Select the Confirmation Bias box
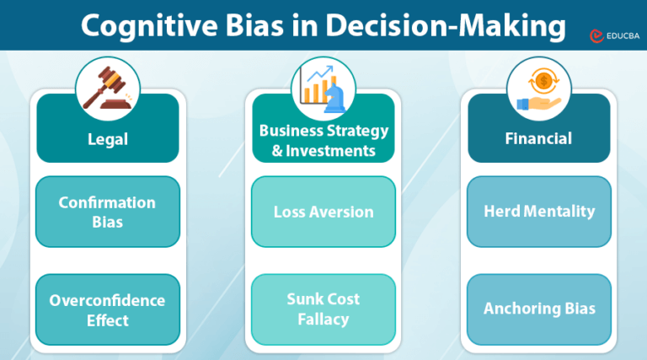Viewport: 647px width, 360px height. pyautogui.click(x=108, y=212)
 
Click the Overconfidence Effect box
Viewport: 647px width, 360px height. pyautogui.click(x=108, y=309)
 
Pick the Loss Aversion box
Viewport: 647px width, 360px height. pyautogui.click(x=323, y=212)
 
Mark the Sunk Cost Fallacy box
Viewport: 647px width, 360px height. pyautogui.click(x=323, y=309)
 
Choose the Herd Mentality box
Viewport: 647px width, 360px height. pyautogui.click(x=538, y=212)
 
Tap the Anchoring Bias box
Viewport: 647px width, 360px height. pyautogui.click(x=538, y=309)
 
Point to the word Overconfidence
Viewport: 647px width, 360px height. pyautogui.click(x=107, y=300)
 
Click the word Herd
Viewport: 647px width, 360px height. pyautogui.click(x=502, y=212)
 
